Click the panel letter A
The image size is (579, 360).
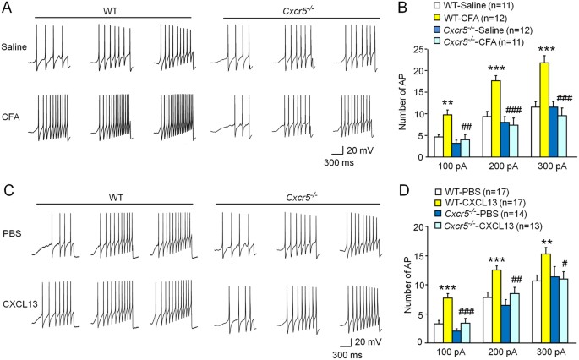pyautogui.click(x=7, y=8)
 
